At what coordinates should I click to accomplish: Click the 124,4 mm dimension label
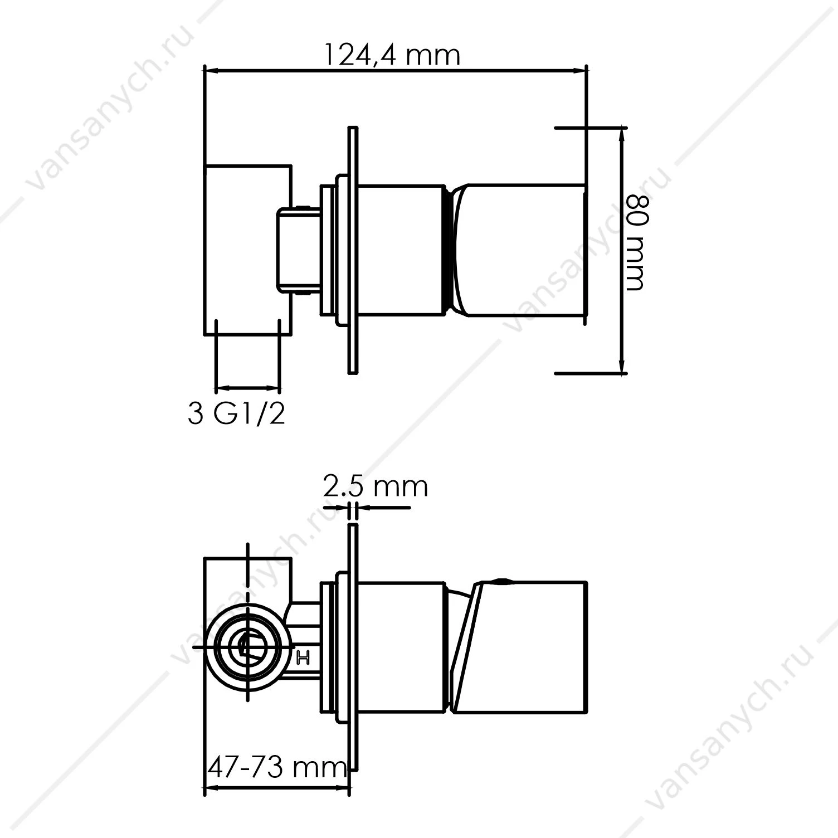392,56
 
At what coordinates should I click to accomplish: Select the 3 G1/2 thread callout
237,414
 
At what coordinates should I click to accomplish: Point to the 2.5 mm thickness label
375,486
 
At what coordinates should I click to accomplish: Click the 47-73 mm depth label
277,769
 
